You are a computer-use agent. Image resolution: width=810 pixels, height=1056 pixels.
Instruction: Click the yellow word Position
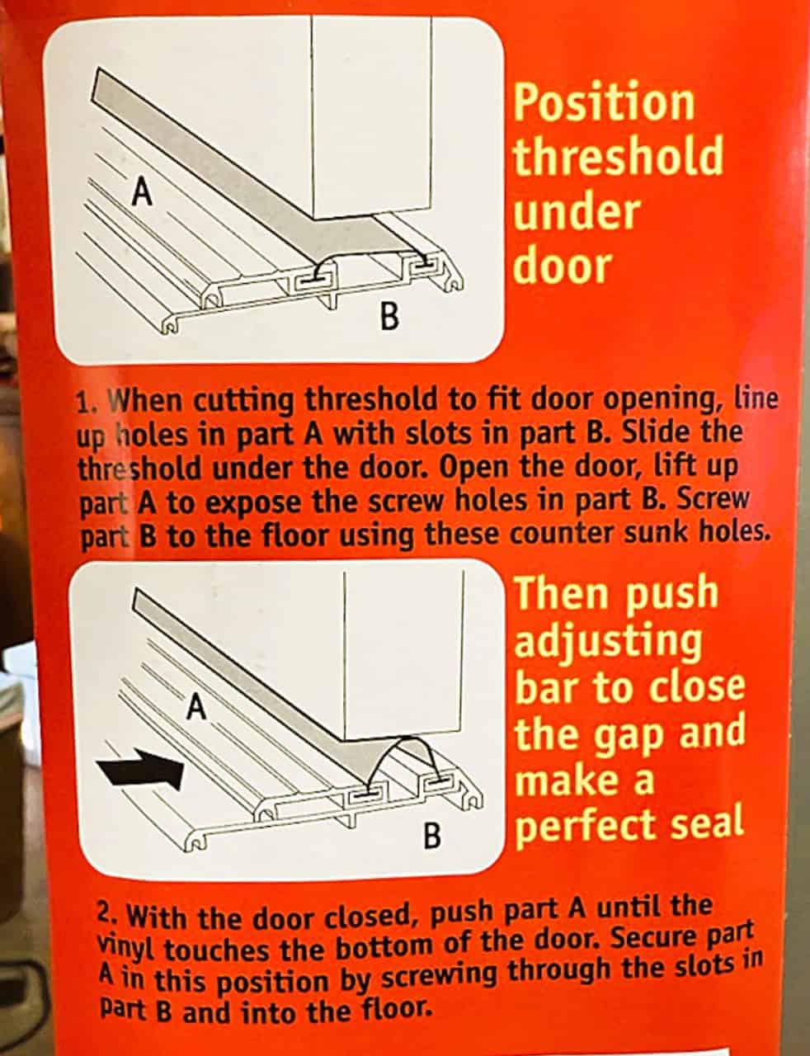(x=605, y=103)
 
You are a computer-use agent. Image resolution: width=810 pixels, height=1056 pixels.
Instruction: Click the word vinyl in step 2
(x=128, y=948)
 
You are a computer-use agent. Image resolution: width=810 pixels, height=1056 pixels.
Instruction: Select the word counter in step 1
(x=560, y=533)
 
